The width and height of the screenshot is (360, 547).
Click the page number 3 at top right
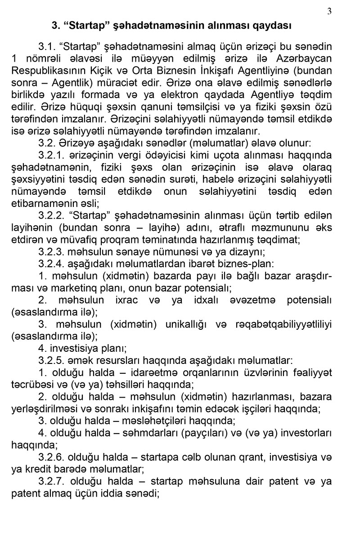coord(329,12)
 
